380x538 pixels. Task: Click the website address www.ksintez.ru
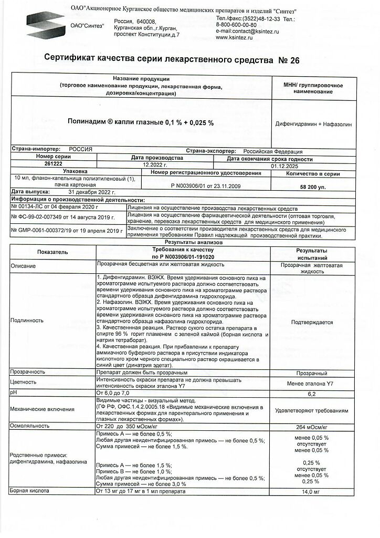click(235, 38)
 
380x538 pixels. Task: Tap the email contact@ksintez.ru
click(247, 32)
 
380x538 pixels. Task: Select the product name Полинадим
click(86, 122)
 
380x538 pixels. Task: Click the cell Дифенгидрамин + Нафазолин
click(314, 124)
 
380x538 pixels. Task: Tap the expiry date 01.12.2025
click(284, 165)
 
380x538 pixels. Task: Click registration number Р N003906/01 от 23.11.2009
click(205, 185)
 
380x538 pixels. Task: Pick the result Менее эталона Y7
click(312, 383)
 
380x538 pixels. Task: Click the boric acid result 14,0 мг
click(312, 492)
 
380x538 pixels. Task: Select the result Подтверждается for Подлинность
click(312, 323)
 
